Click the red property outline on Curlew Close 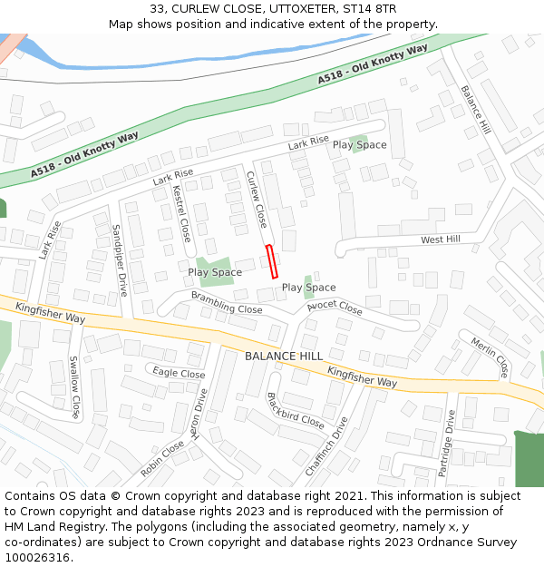coord(271,260)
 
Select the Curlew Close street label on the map coord(257,200)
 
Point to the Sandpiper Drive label coord(119,260)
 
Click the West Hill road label coord(441,240)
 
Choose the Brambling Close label coord(226,303)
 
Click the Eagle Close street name coord(179,373)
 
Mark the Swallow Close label coord(75,386)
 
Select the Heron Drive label coord(199,414)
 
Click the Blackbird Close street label coord(295,411)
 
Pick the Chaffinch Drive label coord(326,445)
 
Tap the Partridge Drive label coord(446,443)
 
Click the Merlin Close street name coord(489,357)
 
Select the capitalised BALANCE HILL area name coord(283,357)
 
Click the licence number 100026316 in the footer coord(38,557)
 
